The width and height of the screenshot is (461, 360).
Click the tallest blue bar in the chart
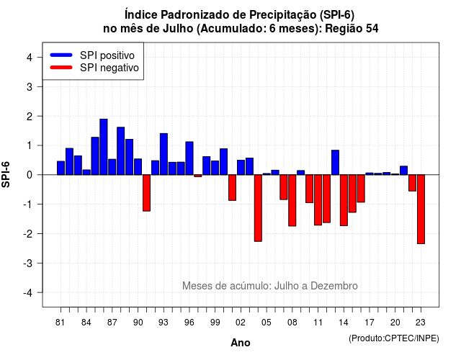pyautogui.click(x=104, y=147)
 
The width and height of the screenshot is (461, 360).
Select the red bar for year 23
pyautogui.click(x=421, y=210)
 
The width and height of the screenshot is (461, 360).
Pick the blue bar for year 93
pyautogui.click(x=164, y=154)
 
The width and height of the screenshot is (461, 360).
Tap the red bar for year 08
pyautogui.click(x=292, y=200)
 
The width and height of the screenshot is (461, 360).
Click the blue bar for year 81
pyautogui.click(x=61, y=168)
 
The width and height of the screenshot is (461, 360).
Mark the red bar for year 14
pyautogui.click(x=344, y=200)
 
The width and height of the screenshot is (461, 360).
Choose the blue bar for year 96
pyautogui.click(x=189, y=158)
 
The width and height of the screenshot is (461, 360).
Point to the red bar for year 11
pyautogui.click(x=318, y=200)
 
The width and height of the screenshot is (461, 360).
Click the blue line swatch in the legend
pyautogui.click(x=61, y=55)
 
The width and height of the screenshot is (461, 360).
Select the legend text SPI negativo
pyautogui.click(x=109, y=68)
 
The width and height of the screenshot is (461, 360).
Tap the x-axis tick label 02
pyautogui.click(x=241, y=323)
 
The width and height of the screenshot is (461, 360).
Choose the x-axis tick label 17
pyautogui.click(x=370, y=323)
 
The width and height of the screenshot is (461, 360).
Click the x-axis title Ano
pyautogui.click(x=241, y=343)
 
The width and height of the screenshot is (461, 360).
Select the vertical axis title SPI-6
pyautogui.click(x=6, y=174)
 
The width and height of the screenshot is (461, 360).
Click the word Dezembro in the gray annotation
pyautogui.click(x=334, y=286)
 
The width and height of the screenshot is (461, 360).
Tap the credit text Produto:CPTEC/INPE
pyautogui.click(x=394, y=338)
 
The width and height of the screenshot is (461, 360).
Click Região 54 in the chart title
pyautogui.click(x=352, y=29)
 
